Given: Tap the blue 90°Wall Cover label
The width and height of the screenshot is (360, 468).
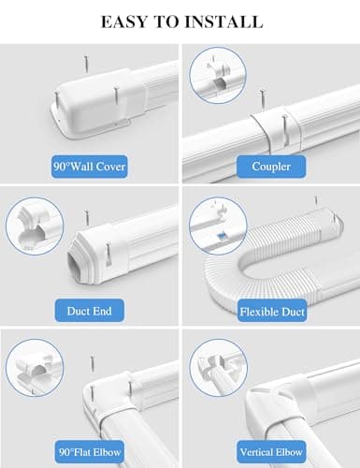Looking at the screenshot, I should tap(90, 168).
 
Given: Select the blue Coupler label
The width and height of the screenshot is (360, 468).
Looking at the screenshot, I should tap(269, 168).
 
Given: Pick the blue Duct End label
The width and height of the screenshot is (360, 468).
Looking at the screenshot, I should tap(90, 310).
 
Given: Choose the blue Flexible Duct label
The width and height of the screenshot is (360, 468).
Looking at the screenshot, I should tap(269, 310).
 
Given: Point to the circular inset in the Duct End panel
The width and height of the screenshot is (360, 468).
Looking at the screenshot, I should tap(35, 224).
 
